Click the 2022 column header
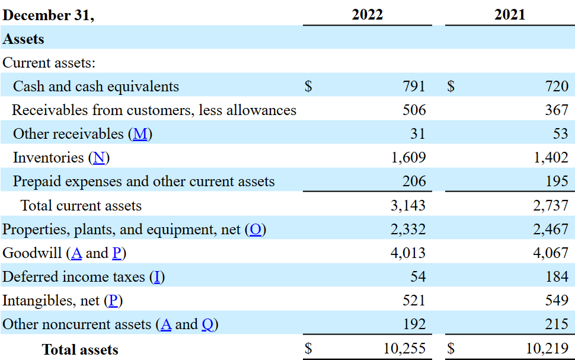coord(367,15)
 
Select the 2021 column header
coord(510,15)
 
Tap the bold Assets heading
coord(24,39)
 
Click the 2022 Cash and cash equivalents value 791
coord(414,87)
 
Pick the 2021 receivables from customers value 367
coord(557,110)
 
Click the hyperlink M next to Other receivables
coord(140,134)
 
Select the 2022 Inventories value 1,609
coord(408,158)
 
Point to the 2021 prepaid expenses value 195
coord(557,181)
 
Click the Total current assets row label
coord(81,206)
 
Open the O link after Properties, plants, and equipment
coord(255,230)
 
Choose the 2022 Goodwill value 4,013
coord(408,253)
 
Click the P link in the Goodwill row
coord(116,253)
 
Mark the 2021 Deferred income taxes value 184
coord(557,277)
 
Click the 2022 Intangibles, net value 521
coord(414,301)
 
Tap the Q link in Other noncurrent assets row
coord(207,324)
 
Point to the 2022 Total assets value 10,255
coord(404,349)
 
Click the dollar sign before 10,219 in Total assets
coord(451,349)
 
